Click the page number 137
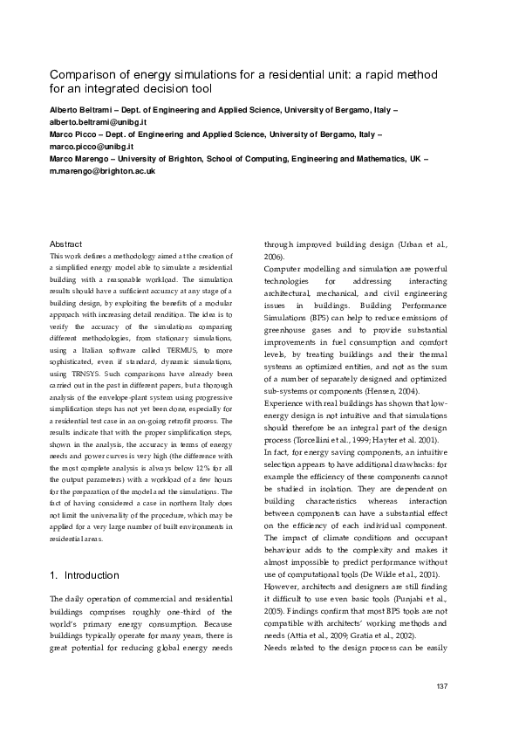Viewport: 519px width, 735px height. point(441,685)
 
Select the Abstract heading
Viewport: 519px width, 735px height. point(65,244)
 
